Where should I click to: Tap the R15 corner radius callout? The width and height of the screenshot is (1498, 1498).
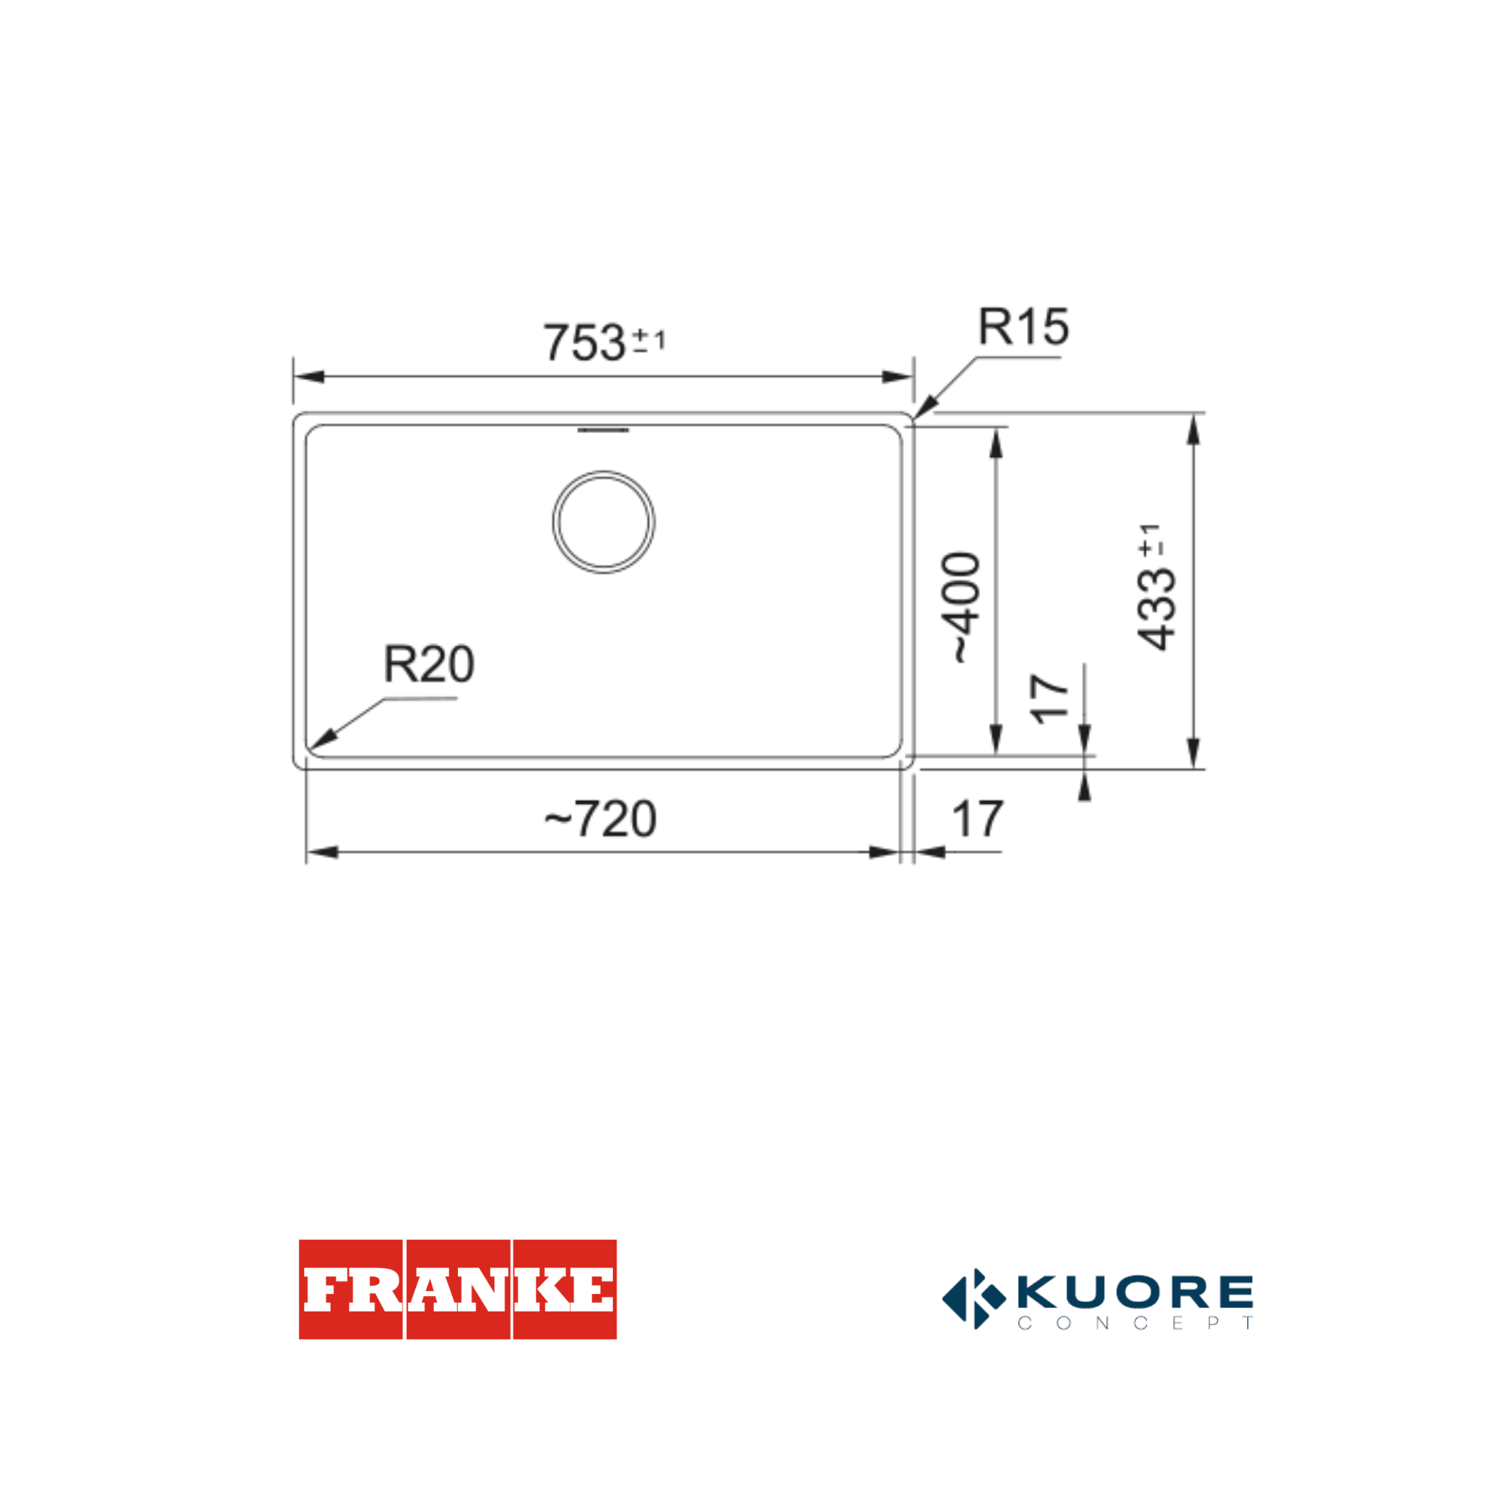coord(1023,326)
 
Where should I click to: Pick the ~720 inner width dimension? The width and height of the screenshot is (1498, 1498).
coord(600,818)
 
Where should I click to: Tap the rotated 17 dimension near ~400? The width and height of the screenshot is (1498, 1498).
coord(1050,699)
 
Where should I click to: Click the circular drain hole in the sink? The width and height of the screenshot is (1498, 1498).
coord(603,522)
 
